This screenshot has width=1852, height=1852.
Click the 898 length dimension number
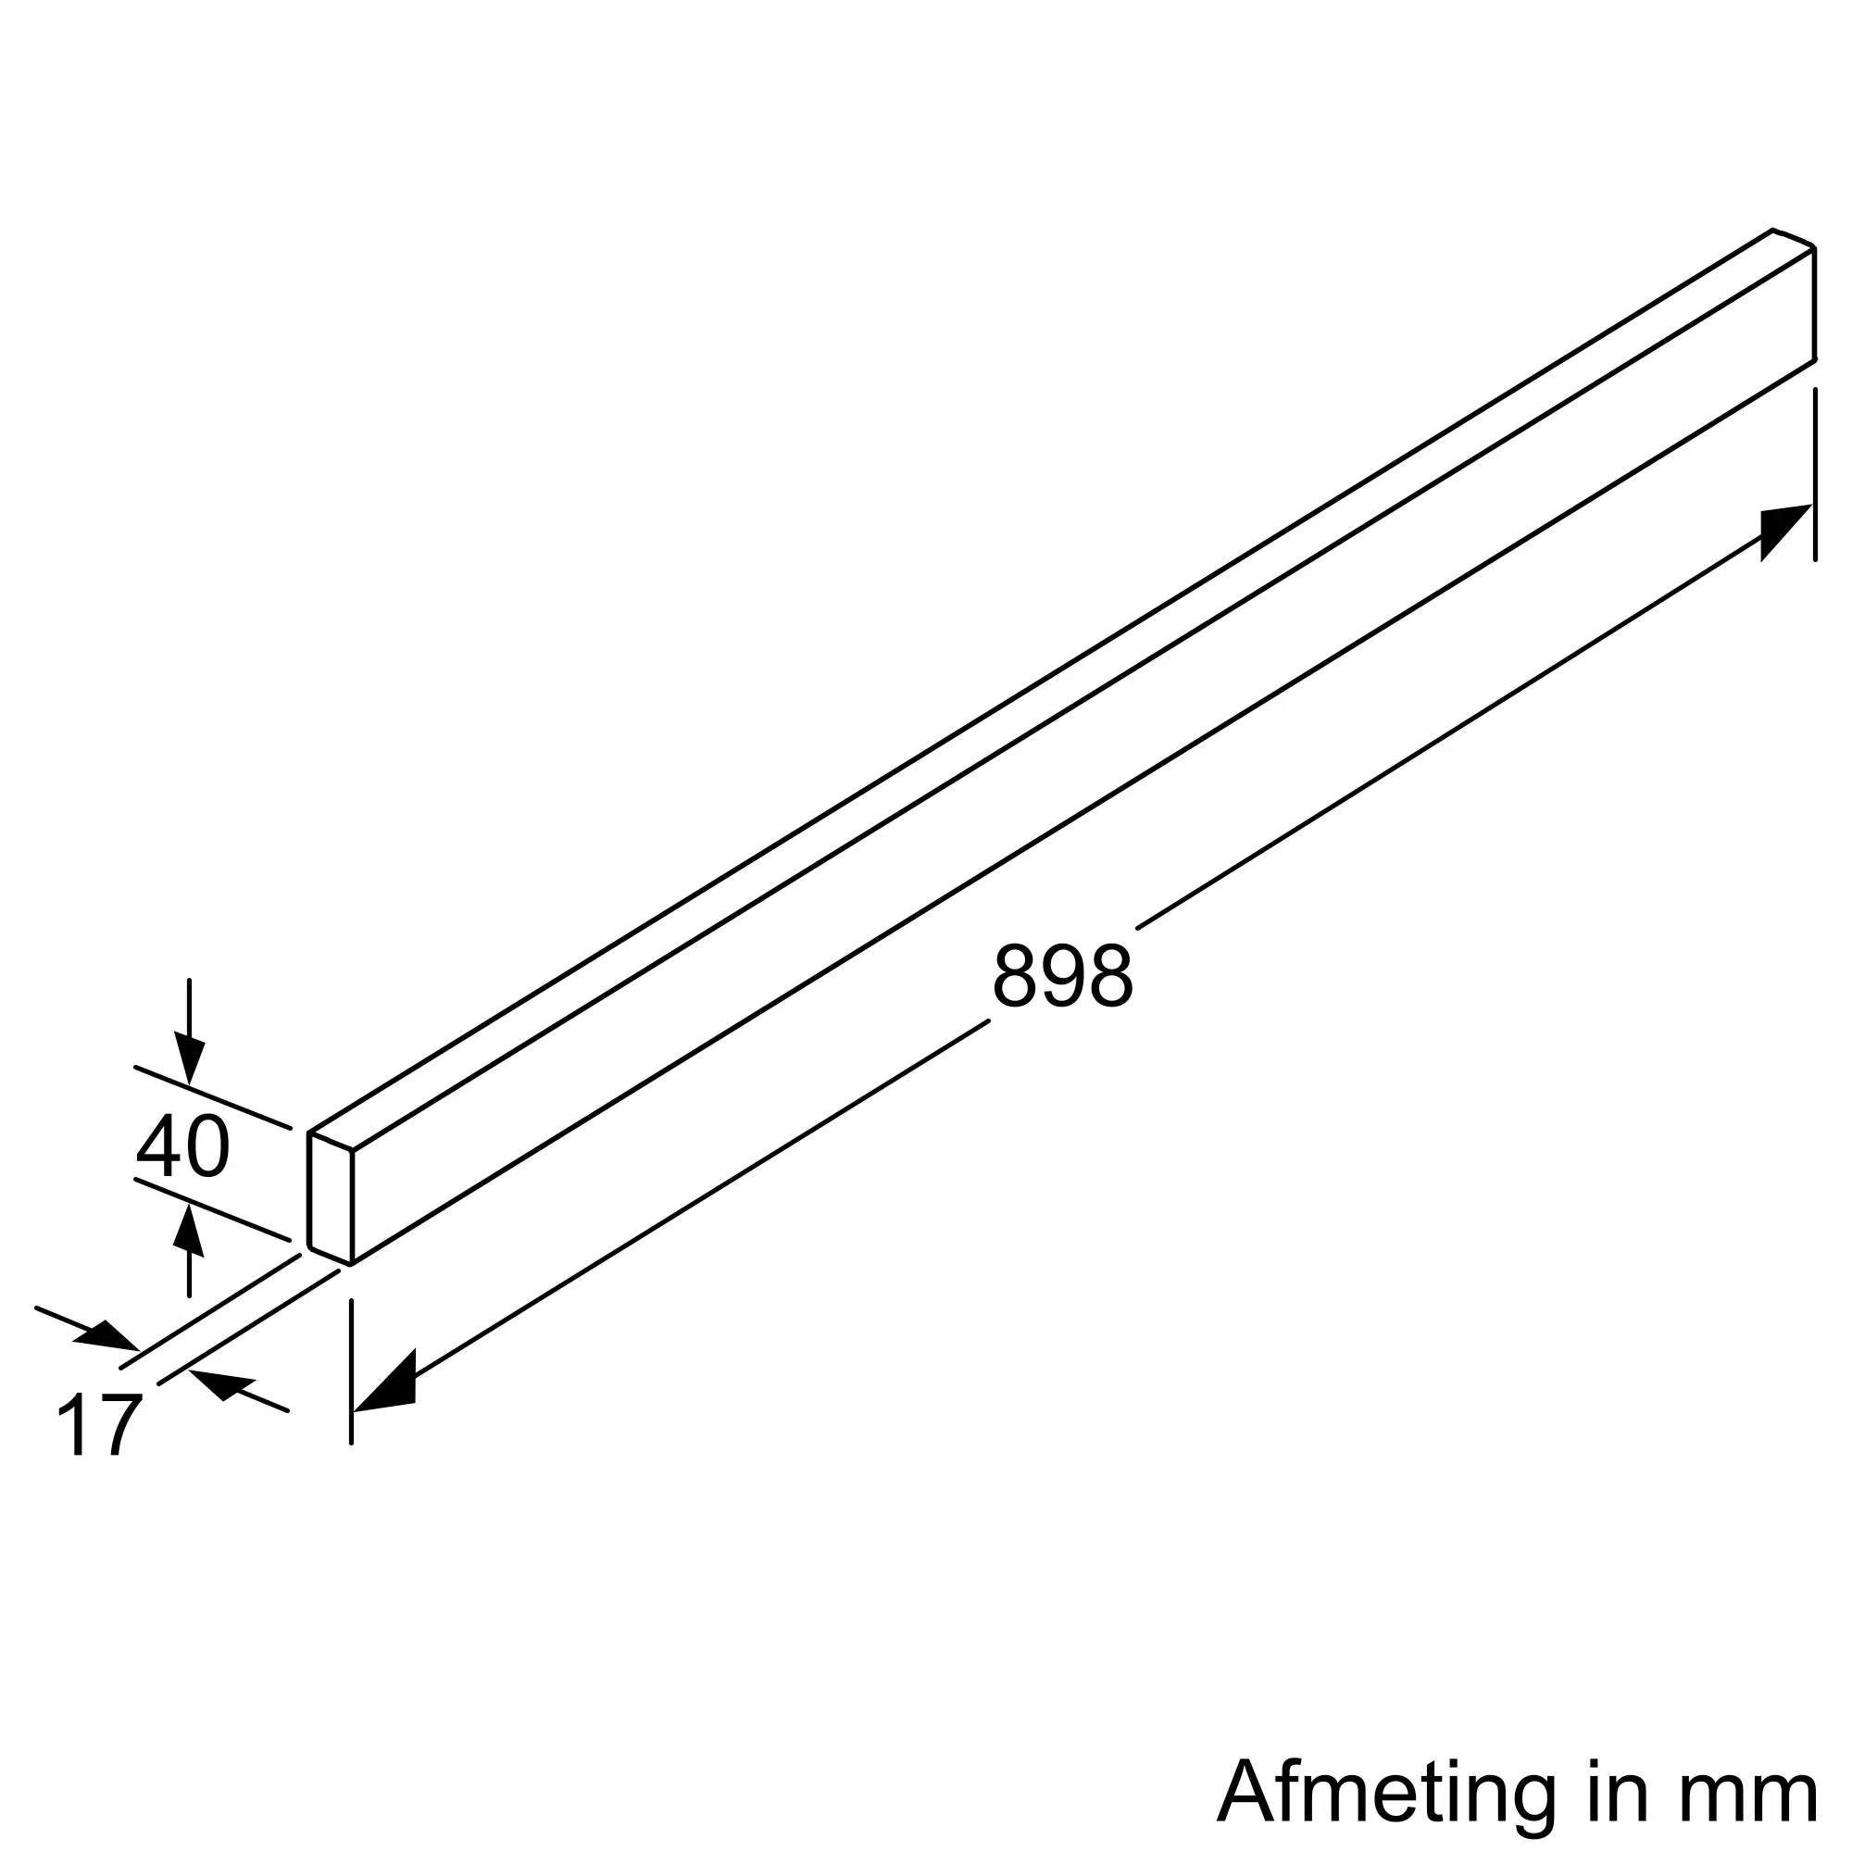(x=1062, y=976)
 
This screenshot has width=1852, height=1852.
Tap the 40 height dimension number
(x=182, y=1147)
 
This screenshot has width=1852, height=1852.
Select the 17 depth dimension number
(x=100, y=1425)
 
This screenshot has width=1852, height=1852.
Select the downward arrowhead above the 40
(x=189, y=1058)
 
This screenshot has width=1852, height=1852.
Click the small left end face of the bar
(x=331, y=1197)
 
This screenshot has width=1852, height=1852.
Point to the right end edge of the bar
(x=1814, y=304)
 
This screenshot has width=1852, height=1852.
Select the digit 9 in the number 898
(x=1062, y=976)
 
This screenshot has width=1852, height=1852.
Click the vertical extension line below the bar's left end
(x=352, y=1370)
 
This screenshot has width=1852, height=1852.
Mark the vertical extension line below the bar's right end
(x=1815, y=474)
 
